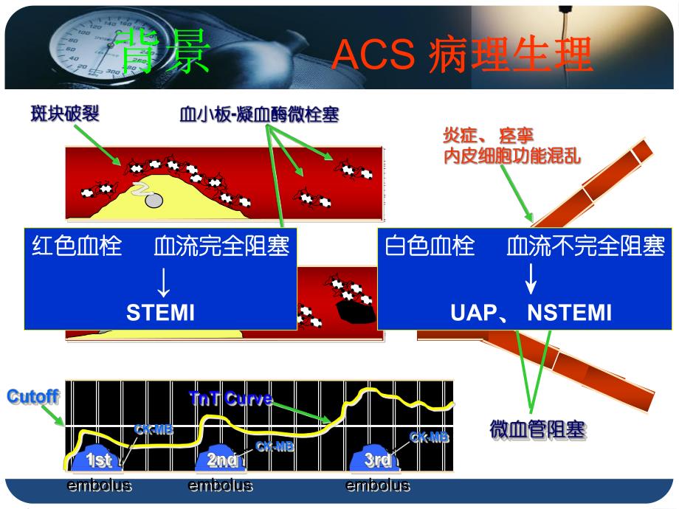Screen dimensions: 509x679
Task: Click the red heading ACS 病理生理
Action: (463, 55)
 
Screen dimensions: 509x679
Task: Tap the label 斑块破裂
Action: (65, 114)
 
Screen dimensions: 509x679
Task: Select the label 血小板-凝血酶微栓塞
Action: (259, 115)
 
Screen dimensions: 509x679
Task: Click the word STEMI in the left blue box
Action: (160, 313)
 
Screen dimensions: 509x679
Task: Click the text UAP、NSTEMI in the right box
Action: (530, 313)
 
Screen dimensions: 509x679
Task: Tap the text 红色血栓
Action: (76, 246)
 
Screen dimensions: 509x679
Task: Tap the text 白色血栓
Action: (430, 246)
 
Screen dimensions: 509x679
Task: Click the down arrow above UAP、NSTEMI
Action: (530, 281)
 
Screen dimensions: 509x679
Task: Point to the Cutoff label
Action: (32, 396)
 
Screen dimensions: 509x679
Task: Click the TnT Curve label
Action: (230, 399)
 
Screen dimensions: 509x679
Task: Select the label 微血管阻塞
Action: (537, 429)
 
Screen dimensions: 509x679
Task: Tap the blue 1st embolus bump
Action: (99, 460)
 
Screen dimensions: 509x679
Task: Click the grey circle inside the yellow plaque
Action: (154, 200)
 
